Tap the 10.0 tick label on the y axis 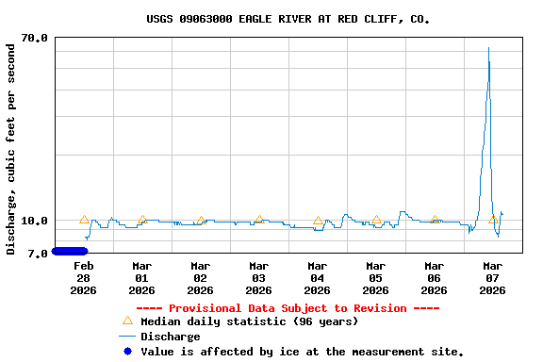click(x=35, y=222)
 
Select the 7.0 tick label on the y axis click(x=39, y=254)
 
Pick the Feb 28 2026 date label click(x=83, y=278)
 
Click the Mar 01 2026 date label click(x=141, y=278)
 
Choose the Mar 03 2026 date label click(x=258, y=278)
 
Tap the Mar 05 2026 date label click(x=375, y=278)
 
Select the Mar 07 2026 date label click(x=492, y=278)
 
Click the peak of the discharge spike click(x=488, y=48)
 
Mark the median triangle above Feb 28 click(x=84, y=220)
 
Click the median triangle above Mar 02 click(x=201, y=221)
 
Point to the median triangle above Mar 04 click(x=318, y=221)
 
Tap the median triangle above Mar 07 click(x=493, y=220)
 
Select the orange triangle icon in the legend click(x=127, y=321)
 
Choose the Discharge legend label click(x=170, y=337)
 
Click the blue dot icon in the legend click(x=127, y=352)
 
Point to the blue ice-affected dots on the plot click(x=70, y=251)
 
